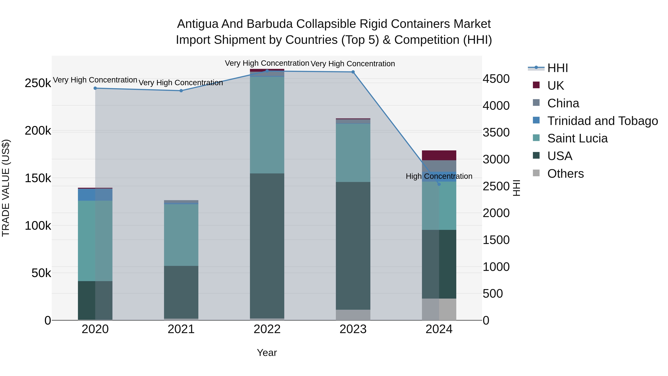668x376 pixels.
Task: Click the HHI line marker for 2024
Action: [439, 184]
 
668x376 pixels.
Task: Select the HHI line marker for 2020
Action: [95, 88]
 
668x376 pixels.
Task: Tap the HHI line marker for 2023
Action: [353, 72]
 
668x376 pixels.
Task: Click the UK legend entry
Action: [555, 86]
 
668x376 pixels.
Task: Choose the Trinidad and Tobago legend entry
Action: [602, 121]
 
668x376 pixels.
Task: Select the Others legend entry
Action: [565, 174]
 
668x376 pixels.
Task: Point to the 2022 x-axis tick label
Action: [267, 329]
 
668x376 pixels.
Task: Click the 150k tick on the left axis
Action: [38, 178]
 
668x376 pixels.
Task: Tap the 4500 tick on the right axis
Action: [496, 79]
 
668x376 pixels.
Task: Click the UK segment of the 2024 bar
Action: [439, 155]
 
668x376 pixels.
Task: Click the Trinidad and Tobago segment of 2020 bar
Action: [95, 195]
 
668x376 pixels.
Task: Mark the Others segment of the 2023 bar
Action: [353, 315]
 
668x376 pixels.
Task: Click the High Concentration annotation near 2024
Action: [439, 176]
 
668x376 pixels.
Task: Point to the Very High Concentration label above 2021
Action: [181, 83]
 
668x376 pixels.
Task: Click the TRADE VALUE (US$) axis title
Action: [6, 188]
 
